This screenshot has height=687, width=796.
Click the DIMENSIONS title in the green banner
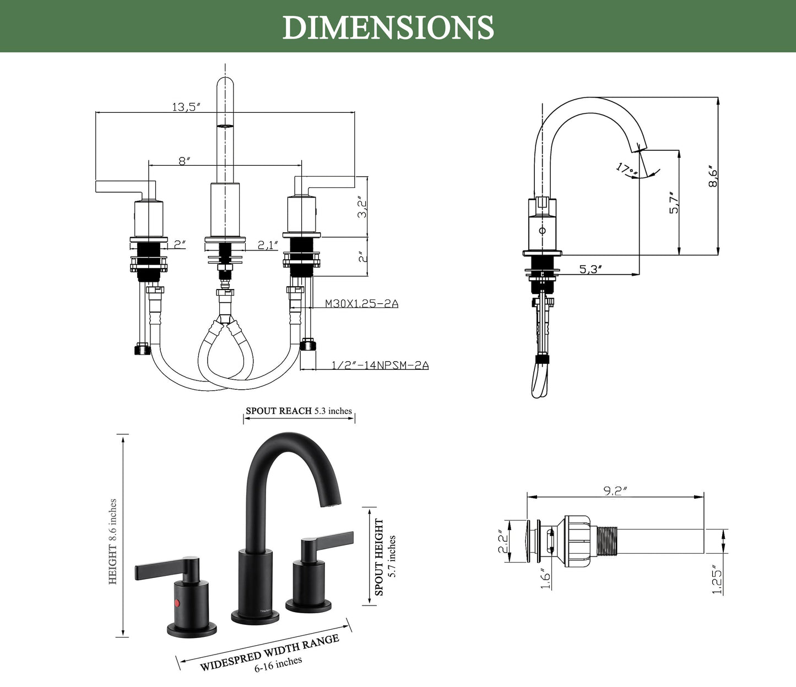pos(388,27)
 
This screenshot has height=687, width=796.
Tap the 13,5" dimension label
pos(185,107)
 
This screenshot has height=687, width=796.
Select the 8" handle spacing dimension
pos(184,161)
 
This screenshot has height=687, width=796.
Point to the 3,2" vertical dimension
pos(362,206)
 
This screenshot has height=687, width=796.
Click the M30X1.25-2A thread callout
pos(361,303)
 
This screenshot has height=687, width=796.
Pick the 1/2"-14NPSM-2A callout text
pos(380,365)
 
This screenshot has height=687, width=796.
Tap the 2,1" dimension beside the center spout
pos(268,245)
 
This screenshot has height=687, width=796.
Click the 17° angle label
pos(626,169)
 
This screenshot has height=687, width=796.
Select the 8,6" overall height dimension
pos(713,176)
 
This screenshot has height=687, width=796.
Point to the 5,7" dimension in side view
pos(674,203)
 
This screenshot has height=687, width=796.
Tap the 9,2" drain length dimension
pos(615,491)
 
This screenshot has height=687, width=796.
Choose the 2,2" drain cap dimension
pos(502,542)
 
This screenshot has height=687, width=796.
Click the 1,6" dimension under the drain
pos(545,580)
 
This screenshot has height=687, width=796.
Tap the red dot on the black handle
pos(177,603)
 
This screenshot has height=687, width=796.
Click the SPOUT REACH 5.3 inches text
pos(299,411)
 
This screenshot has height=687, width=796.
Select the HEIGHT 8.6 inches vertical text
pos(112,542)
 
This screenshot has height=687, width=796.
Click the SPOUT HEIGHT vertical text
pos(379,557)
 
